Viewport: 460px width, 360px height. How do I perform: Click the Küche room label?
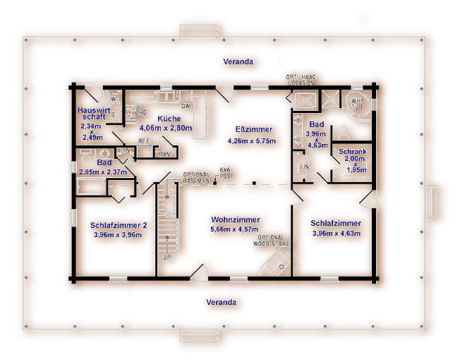170,119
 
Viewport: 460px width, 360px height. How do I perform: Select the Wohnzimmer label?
236,220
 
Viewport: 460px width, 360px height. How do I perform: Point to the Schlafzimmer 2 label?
119,225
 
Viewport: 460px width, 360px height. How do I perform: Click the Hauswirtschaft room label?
93,114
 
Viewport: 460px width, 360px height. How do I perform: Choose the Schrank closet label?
352,152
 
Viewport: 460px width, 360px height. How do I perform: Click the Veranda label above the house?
238,62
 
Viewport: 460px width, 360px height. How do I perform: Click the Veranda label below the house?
221,302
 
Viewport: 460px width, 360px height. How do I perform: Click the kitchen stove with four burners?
131,112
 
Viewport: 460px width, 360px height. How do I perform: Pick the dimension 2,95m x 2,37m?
103,172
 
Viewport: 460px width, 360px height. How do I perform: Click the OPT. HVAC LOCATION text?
301,79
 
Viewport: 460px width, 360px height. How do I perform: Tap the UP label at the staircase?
167,257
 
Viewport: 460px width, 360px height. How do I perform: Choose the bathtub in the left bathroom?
90,188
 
